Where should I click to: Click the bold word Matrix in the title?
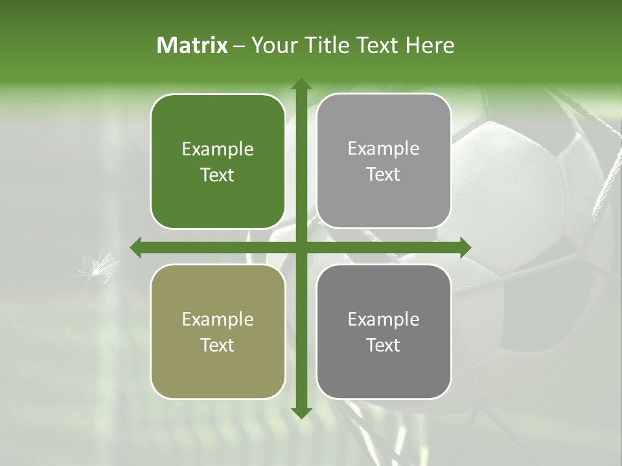click(x=192, y=45)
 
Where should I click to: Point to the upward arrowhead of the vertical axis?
click(x=301, y=85)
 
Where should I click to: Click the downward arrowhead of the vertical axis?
click(x=301, y=412)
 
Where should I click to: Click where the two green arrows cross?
click(x=301, y=248)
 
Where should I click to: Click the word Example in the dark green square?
click(x=218, y=150)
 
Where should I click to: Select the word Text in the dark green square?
click(x=218, y=175)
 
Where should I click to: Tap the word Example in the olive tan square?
click(x=218, y=320)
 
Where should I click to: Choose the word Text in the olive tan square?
click(x=218, y=346)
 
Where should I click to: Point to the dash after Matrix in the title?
click(x=239, y=46)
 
